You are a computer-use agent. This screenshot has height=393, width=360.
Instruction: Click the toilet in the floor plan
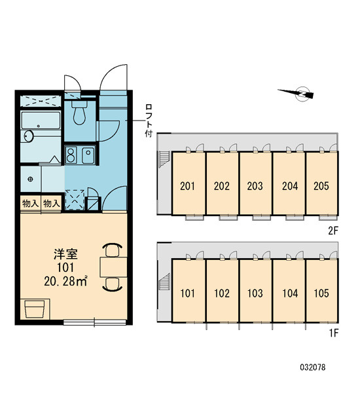point(79,112)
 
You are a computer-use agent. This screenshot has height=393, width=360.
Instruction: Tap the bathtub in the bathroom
point(41,121)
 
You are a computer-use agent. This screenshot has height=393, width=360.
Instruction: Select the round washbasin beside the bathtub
point(28,136)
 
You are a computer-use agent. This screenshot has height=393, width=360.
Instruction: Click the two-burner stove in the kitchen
point(71,155)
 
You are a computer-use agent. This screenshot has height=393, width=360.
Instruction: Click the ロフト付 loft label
point(149,121)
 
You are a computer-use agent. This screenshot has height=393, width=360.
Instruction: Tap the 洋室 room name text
point(65,254)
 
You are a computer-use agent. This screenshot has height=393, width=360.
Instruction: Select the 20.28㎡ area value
point(65,281)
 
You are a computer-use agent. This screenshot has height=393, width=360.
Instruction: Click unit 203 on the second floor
point(255,186)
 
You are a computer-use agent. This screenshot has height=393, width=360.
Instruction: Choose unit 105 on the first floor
point(321,293)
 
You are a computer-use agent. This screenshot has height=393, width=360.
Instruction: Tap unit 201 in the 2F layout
point(187,186)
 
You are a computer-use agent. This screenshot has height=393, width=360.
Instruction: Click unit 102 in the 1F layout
point(222,293)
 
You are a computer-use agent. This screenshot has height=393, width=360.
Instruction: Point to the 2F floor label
point(333,231)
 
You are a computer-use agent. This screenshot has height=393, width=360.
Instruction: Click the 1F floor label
point(334,333)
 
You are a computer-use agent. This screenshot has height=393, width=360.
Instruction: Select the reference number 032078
point(313,367)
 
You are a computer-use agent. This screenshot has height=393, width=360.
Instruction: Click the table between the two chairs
point(113,267)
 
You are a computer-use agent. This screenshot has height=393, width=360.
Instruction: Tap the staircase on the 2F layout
point(165,159)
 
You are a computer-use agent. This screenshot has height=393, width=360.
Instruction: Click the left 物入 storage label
point(30,204)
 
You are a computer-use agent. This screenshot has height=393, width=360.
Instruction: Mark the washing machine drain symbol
point(31,179)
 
